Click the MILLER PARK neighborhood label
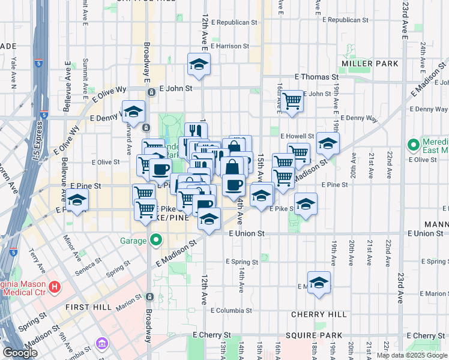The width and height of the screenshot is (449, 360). (361, 63)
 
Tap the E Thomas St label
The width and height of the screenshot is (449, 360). (316, 77)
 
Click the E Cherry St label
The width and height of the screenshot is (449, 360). (211, 335)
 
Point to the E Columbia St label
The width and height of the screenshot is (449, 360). (231, 310)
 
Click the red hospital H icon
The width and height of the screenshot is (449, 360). (55, 287)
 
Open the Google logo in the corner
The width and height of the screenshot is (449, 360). (20, 353)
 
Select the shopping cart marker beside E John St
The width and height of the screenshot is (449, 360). (292, 100)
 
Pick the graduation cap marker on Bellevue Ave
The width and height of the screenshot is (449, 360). (76, 200)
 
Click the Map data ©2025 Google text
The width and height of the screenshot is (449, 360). (411, 355)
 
